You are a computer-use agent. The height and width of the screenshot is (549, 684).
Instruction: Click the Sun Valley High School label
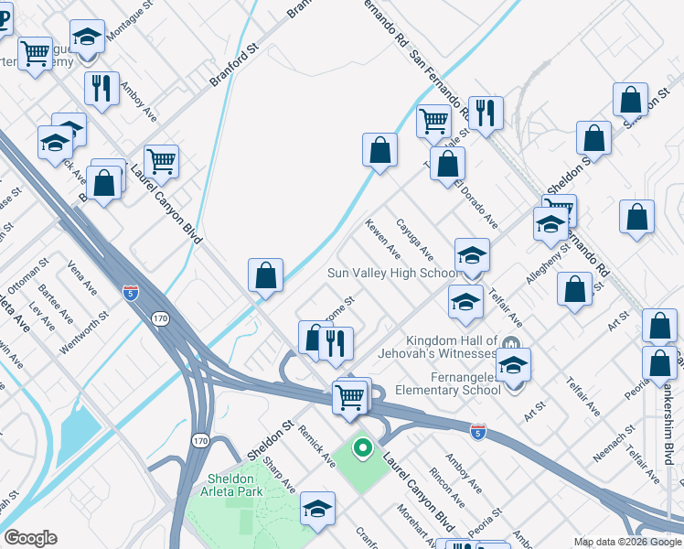(393, 274)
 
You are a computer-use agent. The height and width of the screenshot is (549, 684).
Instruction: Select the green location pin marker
(362, 448)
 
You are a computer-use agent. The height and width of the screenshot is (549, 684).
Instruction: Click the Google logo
(30, 538)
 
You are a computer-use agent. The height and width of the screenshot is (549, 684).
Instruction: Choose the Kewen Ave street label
(382, 238)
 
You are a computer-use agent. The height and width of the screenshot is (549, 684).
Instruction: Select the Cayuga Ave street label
(414, 239)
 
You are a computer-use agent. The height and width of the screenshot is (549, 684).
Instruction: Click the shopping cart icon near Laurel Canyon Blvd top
(161, 160)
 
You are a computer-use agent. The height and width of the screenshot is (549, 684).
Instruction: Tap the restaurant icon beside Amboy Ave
(101, 88)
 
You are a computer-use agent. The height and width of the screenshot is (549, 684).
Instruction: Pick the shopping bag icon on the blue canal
(265, 274)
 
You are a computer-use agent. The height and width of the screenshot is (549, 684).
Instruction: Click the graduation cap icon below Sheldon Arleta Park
(317, 508)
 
